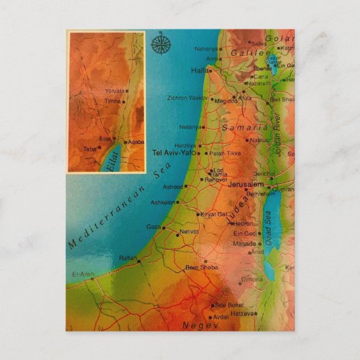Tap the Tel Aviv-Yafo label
pos(174,152)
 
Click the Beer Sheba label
pos(200,267)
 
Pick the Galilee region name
pos(251,52)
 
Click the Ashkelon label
pos(162,202)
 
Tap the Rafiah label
pos(126,257)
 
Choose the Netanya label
pos(190,126)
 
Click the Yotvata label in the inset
pos(117,90)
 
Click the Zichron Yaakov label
pos(187,98)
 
